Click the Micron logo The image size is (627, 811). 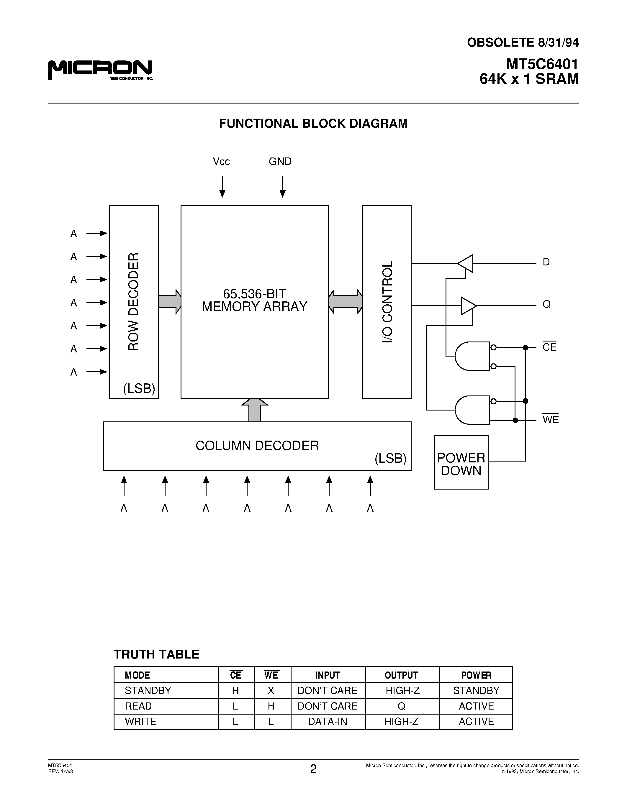pyautogui.click(x=100, y=69)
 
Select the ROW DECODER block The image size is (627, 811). pyautogui.click(x=134, y=301)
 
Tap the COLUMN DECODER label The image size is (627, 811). pyautogui.click(x=257, y=446)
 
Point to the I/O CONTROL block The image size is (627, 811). pyautogui.click(x=387, y=301)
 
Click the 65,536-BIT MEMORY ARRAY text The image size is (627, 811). pyautogui.click(x=254, y=300)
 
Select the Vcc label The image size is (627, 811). pyautogui.click(x=221, y=162)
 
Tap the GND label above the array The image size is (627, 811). pyautogui.click(x=280, y=162)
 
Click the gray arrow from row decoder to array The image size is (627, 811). pyautogui.click(x=169, y=301)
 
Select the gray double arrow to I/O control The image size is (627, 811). pyautogui.click(x=346, y=301)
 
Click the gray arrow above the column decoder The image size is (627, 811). pyautogui.click(x=254, y=410)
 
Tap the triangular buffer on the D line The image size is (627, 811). pyautogui.click(x=466, y=264)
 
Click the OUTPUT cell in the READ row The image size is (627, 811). pyautogui.click(x=402, y=706)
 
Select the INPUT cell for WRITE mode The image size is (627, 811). pyautogui.click(x=328, y=722)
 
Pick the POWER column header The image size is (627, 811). pyautogui.click(x=476, y=675)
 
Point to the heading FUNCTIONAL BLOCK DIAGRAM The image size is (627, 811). pyautogui.click(x=313, y=124)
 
